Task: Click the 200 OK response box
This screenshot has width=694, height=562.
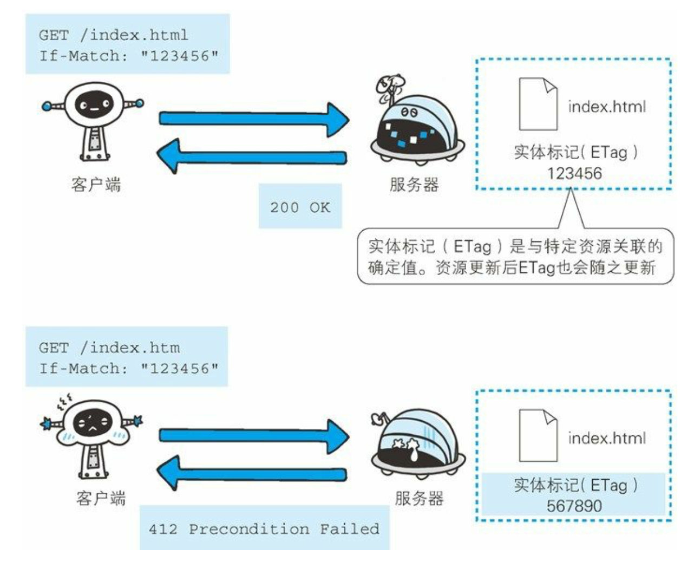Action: [300, 206]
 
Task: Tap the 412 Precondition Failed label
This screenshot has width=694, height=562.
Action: [264, 528]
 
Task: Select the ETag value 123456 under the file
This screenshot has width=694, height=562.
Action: [574, 173]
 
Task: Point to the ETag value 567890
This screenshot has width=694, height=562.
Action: [574, 506]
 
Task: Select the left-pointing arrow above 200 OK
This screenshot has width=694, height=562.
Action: [251, 156]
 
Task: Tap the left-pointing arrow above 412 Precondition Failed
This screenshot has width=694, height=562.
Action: [251, 474]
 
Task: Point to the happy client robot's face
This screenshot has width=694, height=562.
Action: [93, 104]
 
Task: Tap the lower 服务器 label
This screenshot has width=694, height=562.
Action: [419, 498]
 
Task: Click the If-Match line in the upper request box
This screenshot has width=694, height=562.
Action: [129, 55]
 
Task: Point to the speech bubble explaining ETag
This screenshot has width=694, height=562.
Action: [515, 257]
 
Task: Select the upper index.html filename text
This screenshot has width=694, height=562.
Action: [607, 107]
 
